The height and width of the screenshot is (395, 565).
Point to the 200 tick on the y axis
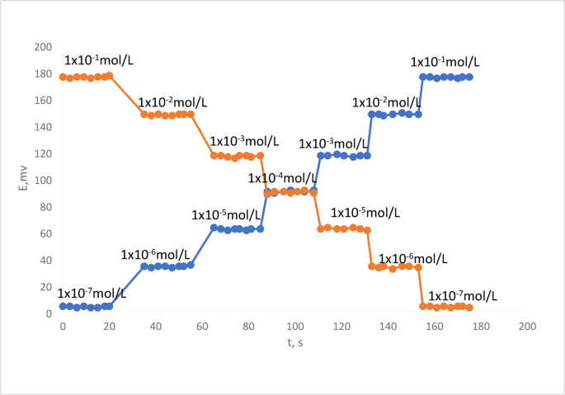(42, 47)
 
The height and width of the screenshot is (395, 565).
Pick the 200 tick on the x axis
(527, 326)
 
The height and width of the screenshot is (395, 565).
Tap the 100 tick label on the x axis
(294, 326)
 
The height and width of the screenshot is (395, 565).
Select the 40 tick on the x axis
(155, 326)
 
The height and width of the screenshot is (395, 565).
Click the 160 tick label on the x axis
(434, 326)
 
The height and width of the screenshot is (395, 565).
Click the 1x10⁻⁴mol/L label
(283, 178)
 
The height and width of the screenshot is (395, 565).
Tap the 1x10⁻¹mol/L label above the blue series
(445, 62)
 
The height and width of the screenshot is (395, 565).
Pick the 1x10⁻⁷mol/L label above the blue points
(92, 294)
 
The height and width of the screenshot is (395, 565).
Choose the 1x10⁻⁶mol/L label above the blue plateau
(156, 255)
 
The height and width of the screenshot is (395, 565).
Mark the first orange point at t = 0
(63, 77)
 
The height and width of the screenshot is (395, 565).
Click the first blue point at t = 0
(63, 306)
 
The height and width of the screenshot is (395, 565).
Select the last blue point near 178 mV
(468, 77)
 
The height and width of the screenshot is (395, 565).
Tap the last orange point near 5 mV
(469, 308)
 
